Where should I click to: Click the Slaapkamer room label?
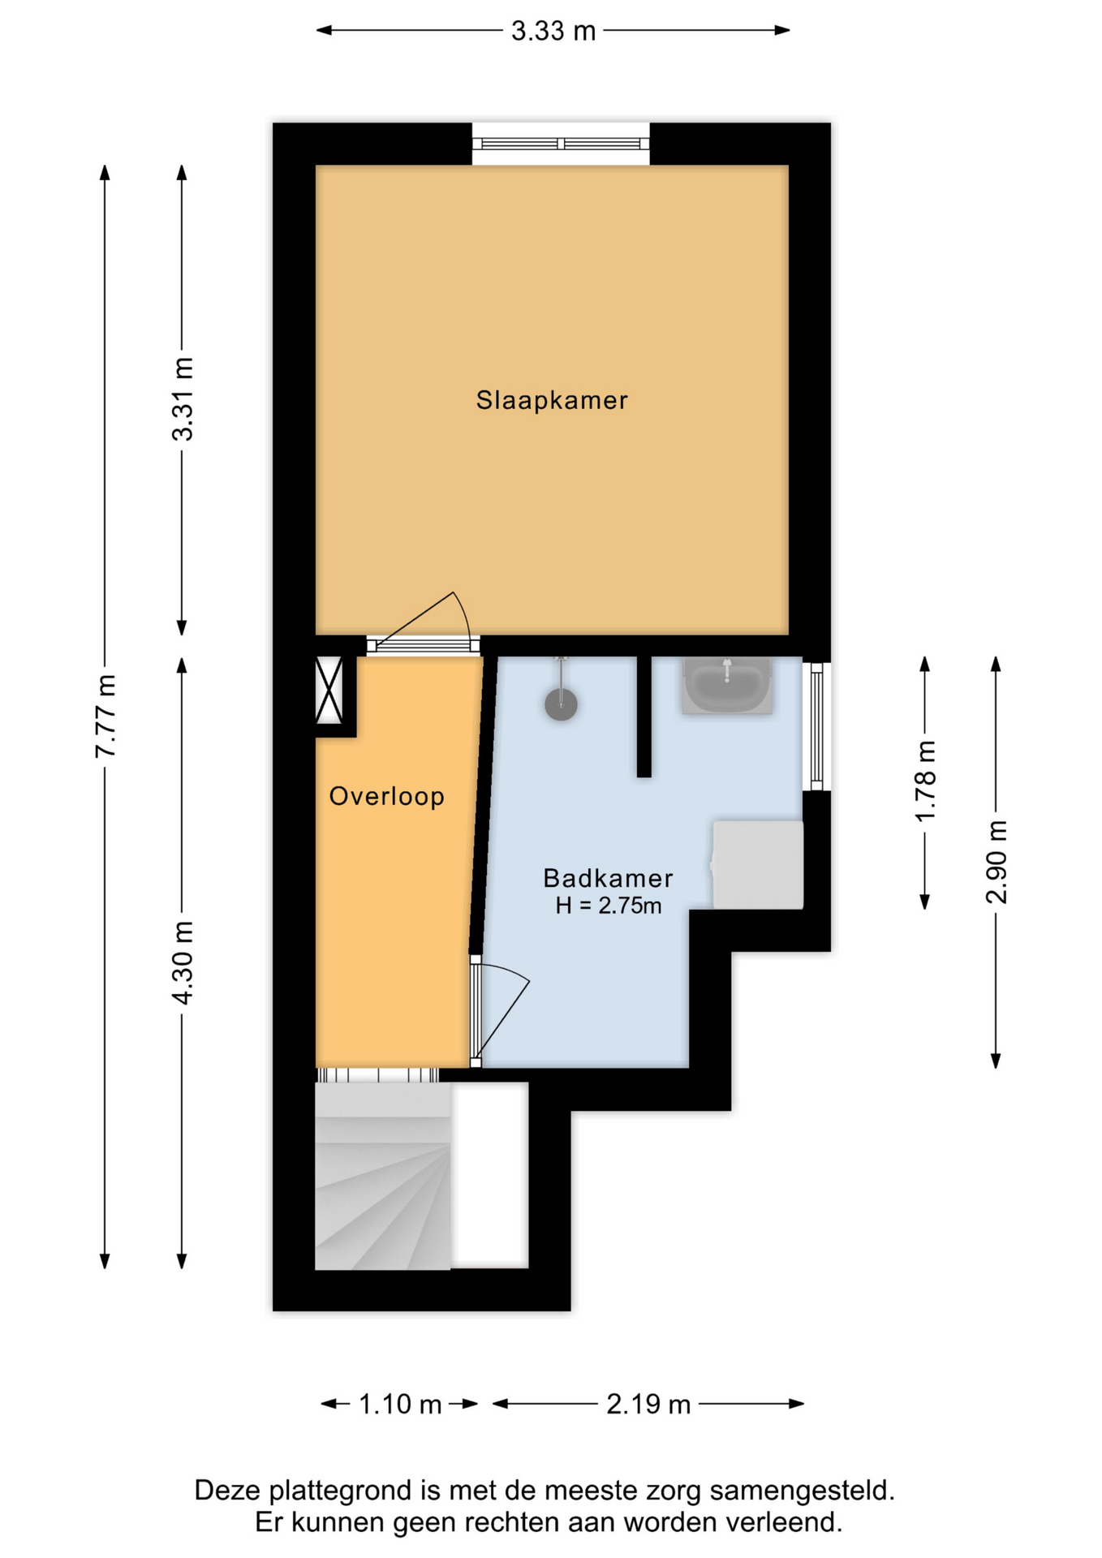tap(552, 400)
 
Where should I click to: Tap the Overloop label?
tap(387, 796)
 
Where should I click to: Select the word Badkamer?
tap(608, 878)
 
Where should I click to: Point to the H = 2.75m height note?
tap(609, 906)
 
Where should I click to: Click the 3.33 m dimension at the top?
tap(553, 31)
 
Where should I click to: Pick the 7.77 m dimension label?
tap(105, 716)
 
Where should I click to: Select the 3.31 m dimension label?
tap(183, 399)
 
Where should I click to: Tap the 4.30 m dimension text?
tap(183, 962)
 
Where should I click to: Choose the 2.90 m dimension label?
tap(997, 862)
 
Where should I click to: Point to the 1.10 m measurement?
tap(400, 1404)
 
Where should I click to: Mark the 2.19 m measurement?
tap(648, 1404)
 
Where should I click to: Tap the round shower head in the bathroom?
tap(561, 704)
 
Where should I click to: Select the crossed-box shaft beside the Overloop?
tap(329, 690)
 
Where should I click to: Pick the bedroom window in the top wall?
tap(561, 144)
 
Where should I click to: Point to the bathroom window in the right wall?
tap(817, 726)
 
